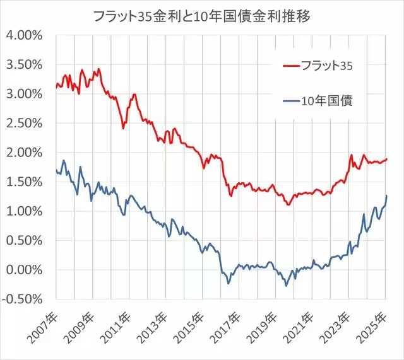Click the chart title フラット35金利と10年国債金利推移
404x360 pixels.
[x=202, y=16]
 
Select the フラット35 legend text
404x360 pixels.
[x=327, y=66]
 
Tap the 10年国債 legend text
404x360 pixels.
[x=327, y=101]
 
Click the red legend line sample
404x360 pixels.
[x=292, y=66]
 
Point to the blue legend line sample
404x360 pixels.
[x=292, y=101]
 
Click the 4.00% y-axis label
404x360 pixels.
[x=25, y=35]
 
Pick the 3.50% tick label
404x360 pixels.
[x=25, y=64]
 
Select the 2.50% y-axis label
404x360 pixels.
[x=25, y=124]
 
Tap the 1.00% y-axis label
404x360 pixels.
[x=25, y=211]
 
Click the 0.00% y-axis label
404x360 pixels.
[x=25, y=270]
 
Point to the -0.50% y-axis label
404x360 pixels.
[x=22, y=299]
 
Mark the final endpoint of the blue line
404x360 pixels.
[x=387, y=195]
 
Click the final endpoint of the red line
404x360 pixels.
[x=387, y=159]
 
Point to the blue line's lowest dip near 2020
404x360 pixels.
[x=286, y=286]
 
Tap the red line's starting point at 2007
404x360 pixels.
[x=56, y=87]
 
